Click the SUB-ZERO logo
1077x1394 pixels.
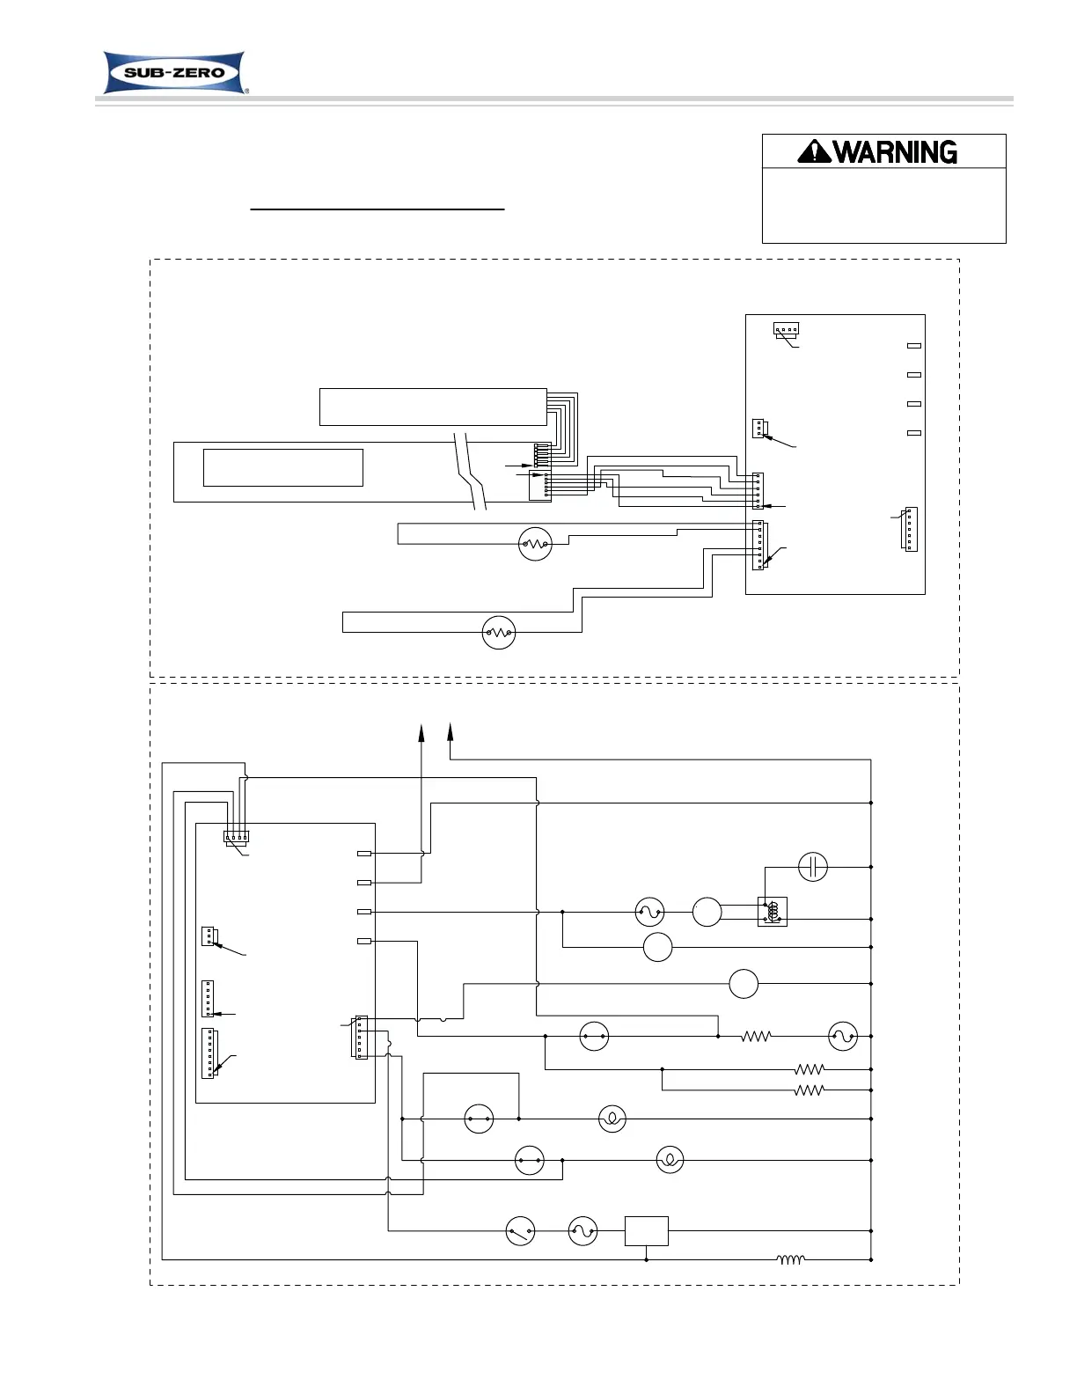[x=174, y=73]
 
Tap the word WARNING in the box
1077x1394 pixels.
[x=895, y=152]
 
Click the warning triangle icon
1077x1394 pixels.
[x=814, y=152]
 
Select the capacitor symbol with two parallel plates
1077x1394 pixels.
[x=812, y=867]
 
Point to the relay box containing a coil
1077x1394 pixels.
[x=772, y=912]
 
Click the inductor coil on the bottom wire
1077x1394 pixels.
[x=790, y=1259]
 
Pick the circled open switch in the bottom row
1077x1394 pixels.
[x=520, y=1230]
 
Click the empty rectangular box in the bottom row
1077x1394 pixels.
[x=646, y=1230]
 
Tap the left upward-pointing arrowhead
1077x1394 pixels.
[x=421, y=732]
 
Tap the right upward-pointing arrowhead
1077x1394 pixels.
[x=450, y=732]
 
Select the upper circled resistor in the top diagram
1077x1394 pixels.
[x=535, y=545]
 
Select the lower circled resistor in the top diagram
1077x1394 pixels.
[x=499, y=633]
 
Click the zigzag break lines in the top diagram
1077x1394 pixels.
[x=470, y=471]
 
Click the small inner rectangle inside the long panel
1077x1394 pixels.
[x=282, y=467]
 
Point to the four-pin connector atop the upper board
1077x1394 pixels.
[x=786, y=330]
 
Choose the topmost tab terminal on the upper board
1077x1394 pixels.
[x=913, y=346]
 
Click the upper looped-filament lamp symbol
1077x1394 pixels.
[x=612, y=1119]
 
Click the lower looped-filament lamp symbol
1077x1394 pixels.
[x=670, y=1160]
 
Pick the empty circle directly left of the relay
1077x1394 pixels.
[x=707, y=912]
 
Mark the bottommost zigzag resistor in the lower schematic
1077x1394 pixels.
[x=809, y=1090]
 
